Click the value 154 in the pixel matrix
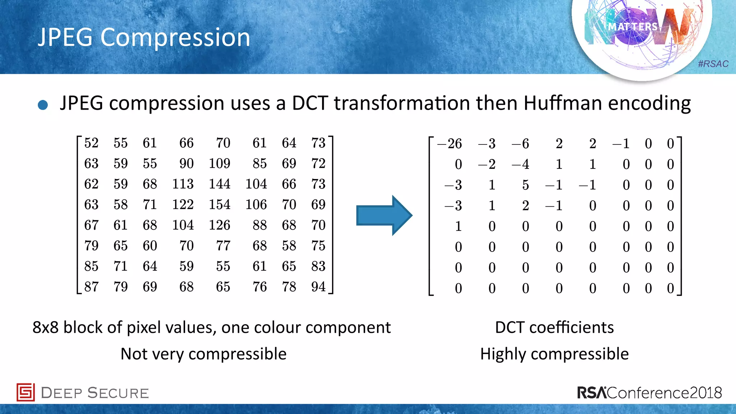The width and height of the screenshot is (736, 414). click(x=220, y=204)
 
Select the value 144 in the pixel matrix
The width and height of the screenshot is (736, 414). click(x=220, y=184)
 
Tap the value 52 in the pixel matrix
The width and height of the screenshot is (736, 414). click(x=91, y=143)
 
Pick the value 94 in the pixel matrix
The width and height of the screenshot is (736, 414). click(x=318, y=287)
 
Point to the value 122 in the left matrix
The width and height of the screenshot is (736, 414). click(x=183, y=204)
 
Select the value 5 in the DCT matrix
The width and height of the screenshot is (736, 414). click(x=525, y=185)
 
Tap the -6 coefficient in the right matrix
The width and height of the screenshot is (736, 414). click(x=520, y=144)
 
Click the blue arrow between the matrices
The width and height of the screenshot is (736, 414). click(x=384, y=216)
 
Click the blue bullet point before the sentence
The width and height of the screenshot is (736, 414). click(x=43, y=105)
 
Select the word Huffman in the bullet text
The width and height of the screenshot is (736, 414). click(x=562, y=103)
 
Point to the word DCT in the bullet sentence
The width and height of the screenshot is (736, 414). click(x=310, y=103)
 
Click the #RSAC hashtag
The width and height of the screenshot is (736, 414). click(x=713, y=64)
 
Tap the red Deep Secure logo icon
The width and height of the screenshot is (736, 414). click(x=26, y=392)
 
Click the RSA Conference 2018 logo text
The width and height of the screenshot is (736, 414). click(x=649, y=392)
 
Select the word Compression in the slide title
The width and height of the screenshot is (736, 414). click(x=175, y=37)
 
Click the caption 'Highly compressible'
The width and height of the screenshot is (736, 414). click(x=554, y=354)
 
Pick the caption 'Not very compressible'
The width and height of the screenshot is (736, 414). click(x=203, y=354)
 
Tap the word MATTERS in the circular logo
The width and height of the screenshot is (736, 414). click(x=632, y=27)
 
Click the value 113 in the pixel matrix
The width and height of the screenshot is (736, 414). click(x=183, y=184)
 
